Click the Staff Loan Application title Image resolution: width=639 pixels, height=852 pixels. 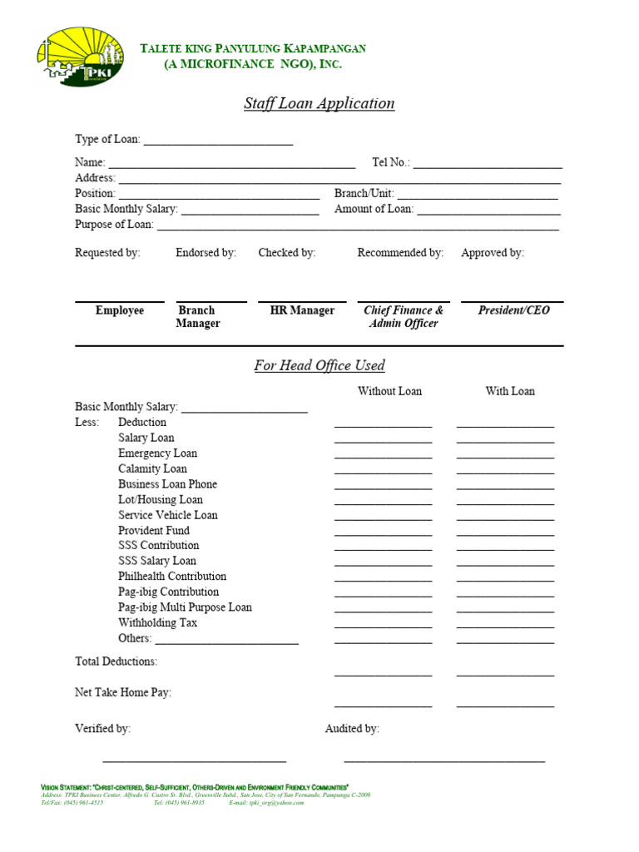pyautogui.click(x=319, y=104)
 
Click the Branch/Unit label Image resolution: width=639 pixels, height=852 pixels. pyautogui.click(x=364, y=193)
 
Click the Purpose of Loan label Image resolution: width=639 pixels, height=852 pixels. pyautogui.click(x=114, y=225)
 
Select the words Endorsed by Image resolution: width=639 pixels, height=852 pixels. pyautogui.click(x=206, y=253)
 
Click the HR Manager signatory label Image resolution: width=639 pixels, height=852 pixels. pyautogui.click(x=302, y=310)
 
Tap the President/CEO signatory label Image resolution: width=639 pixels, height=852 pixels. pyautogui.click(x=513, y=310)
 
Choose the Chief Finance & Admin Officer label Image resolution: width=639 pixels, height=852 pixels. pyautogui.click(x=404, y=317)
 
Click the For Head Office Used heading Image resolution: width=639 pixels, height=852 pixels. pyautogui.click(x=319, y=366)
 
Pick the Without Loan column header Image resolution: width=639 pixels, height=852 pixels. pyautogui.click(x=389, y=391)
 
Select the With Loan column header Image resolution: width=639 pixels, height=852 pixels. pyautogui.click(x=510, y=391)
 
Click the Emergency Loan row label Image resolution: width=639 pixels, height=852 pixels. pyautogui.click(x=157, y=453)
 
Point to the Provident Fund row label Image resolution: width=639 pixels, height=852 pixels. pyautogui.click(x=154, y=531)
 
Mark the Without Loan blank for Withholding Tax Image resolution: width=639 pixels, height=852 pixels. pyautogui.click(x=383, y=627)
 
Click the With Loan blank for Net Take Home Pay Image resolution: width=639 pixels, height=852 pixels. pyautogui.click(x=505, y=706)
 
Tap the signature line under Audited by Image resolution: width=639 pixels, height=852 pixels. pyautogui.click(x=444, y=760)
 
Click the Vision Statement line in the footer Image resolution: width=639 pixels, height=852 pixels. pyautogui.click(x=195, y=787)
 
